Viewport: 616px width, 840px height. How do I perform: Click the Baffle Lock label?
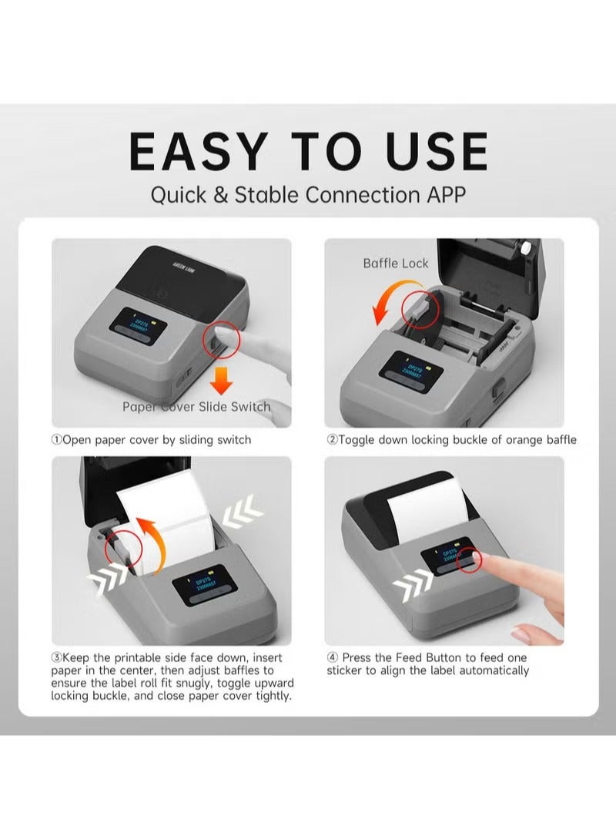point(396,264)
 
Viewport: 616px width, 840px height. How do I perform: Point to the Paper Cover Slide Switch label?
point(196,406)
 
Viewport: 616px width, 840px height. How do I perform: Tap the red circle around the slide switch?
point(221,342)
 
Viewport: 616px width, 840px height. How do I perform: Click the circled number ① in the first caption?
point(55,440)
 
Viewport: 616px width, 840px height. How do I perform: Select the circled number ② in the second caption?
point(332,440)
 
